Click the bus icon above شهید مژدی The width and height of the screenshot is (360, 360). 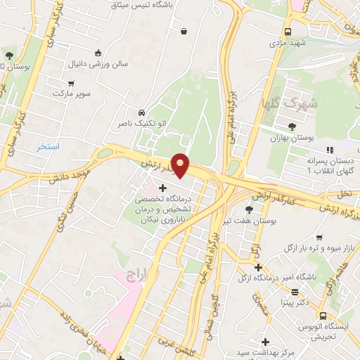tap(288, 32)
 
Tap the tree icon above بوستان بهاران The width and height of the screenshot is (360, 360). tap(292, 126)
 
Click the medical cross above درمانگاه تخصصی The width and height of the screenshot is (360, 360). tap(163, 188)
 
